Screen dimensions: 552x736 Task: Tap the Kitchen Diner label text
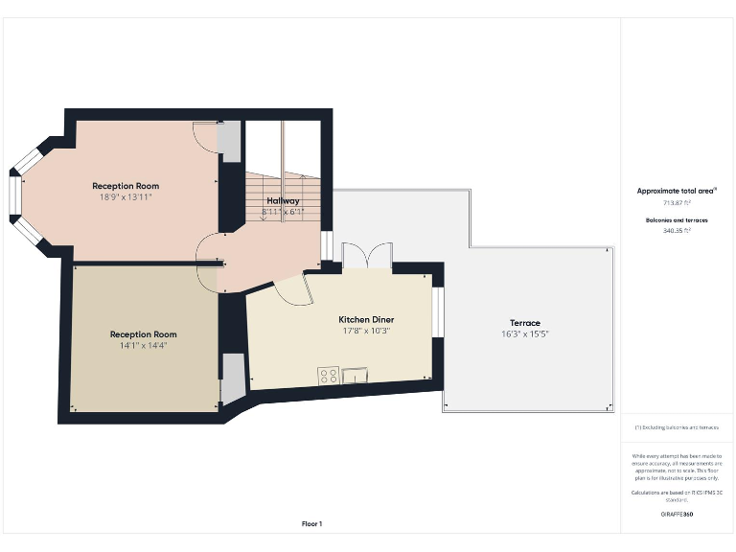click(x=366, y=319)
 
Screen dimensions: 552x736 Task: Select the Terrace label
click(x=524, y=323)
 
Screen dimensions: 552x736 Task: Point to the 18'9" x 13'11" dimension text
click(x=126, y=196)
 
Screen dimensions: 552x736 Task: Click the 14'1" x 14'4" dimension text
click(x=143, y=345)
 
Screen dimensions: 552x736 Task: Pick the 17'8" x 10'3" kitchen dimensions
click(x=366, y=331)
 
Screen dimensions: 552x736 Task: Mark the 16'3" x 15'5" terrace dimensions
click(x=524, y=333)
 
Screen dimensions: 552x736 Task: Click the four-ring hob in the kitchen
click(x=328, y=376)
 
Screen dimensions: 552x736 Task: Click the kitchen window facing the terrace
click(x=437, y=312)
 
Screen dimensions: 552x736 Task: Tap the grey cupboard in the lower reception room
click(x=233, y=379)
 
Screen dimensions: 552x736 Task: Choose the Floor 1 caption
click(x=312, y=523)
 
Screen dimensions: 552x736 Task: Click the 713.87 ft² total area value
click(x=678, y=203)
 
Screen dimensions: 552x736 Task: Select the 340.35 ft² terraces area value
click(x=678, y=231)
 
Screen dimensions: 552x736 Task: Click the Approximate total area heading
click(x=677, y=191)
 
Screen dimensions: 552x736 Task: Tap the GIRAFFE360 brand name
click(x=677, y=515)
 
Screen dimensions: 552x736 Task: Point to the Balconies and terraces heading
click(x=678, y=219)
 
